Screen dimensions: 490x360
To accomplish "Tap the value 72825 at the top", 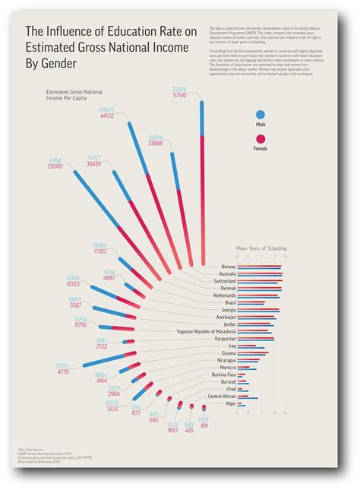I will click(180, 89).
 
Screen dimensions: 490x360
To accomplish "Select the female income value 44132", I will click(106, 116).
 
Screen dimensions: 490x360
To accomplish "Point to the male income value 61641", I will click(55, 160).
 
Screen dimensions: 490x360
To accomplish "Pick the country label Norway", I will click(228, 267).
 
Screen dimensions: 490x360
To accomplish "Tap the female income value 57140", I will click(180, 96).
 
